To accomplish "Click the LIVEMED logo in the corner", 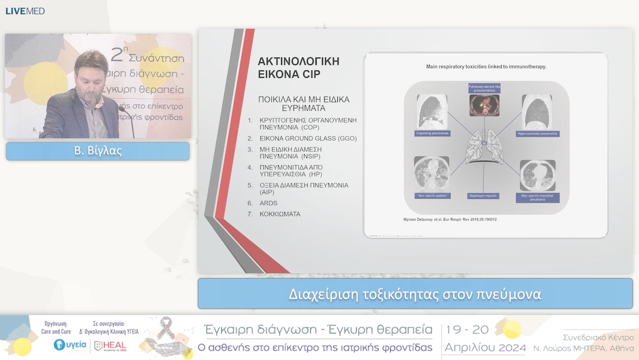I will [25, 11].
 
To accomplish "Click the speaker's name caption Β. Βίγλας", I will [98, 150].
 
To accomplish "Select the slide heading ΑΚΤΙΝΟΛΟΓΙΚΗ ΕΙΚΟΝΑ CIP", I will [298, 67].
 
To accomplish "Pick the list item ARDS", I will [268, 203].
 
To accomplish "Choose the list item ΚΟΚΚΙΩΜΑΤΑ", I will [280, 214].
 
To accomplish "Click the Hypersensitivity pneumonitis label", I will [538, 134].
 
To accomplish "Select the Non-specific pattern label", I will [431, 195].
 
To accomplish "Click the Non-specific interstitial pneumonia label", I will [537, 197].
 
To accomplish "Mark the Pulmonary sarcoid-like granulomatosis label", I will [485, 89].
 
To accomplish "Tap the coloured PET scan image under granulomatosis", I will [485, 105].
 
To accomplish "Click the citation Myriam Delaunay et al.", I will [450, 220].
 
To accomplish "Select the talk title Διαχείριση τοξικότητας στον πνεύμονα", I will [415, 294].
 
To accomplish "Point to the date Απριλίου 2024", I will [485, 347].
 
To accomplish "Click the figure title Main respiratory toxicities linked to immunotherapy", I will [486, 66].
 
